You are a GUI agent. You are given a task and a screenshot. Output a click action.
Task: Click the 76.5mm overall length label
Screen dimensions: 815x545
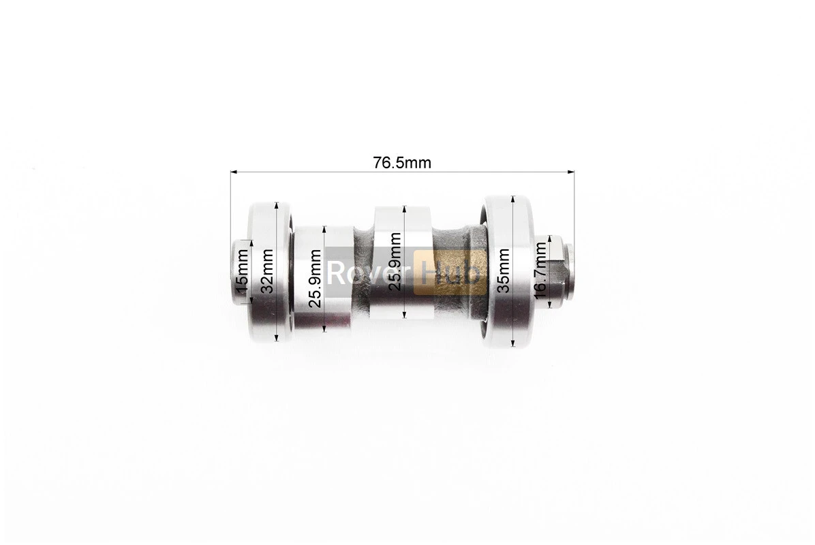pos(402,163)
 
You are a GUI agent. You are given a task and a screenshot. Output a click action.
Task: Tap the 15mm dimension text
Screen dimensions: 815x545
pos(242,271)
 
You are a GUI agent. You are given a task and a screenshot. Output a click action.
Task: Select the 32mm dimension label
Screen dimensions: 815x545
pos(266,270)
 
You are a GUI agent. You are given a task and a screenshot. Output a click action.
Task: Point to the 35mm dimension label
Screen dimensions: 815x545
pos(503,270)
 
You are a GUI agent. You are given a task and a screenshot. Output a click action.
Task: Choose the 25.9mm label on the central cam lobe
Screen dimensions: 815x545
pos(395,262)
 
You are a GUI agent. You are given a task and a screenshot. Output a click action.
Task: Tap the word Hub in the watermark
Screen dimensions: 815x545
pos(450,272)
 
